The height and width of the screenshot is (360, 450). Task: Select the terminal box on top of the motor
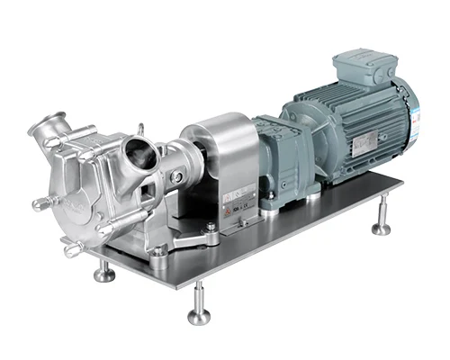tap(360, 68)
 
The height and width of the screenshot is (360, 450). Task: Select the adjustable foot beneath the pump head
tap(104, 270)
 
